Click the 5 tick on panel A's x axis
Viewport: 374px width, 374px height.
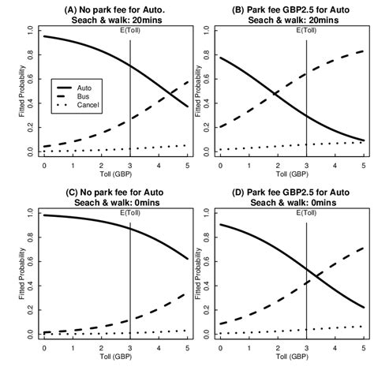pos(187,166)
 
